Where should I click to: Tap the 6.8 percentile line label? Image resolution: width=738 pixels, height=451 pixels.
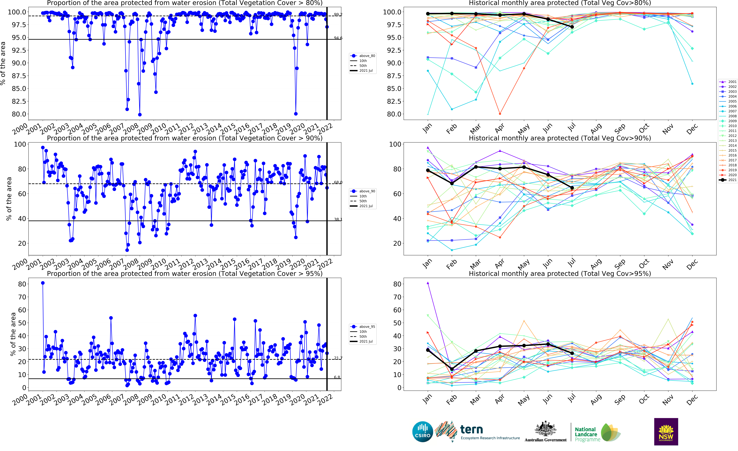(x=337, y=377)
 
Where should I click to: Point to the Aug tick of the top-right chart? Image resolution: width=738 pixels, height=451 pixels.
(x=596, y=129)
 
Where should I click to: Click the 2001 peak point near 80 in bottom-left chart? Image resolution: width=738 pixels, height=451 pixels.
(x=43, y=283)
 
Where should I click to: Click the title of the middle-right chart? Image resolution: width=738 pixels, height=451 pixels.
(x=560, y=138)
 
